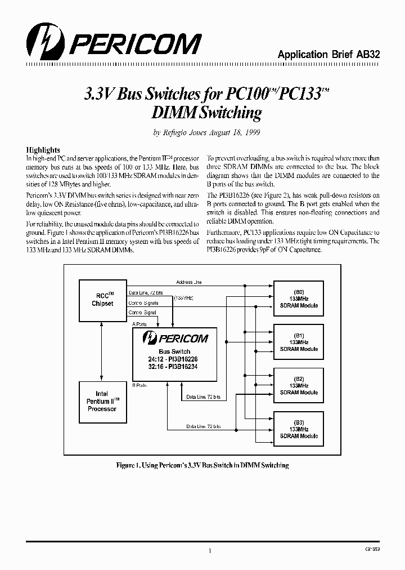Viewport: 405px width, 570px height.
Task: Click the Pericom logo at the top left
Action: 113,43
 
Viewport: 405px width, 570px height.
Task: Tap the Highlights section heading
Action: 43,150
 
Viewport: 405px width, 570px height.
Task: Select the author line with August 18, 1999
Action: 206,133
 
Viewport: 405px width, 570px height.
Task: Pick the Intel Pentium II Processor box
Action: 102,401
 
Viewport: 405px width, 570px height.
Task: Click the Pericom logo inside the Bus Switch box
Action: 175,338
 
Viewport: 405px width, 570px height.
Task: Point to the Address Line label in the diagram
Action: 189,282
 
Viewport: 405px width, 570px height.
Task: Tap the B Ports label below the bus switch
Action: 139,386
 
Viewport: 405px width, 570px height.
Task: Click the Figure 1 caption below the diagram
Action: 202,465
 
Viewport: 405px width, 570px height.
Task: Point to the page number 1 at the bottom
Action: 209,552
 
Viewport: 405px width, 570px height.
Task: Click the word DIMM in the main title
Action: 173,113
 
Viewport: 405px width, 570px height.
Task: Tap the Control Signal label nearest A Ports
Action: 143,312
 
